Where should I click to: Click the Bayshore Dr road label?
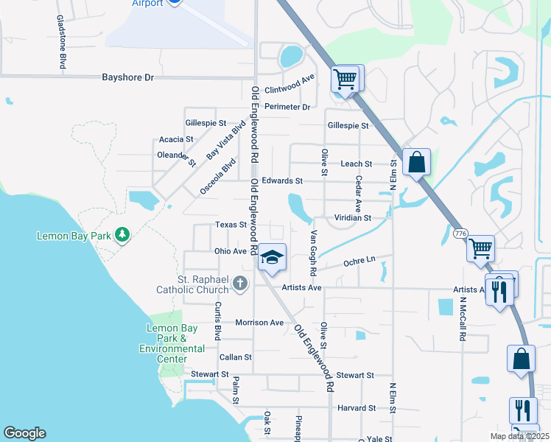coord(127,77)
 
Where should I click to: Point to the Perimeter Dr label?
coord(287,107)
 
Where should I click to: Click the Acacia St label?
coord(176,139)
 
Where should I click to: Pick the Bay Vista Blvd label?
coord(225,141)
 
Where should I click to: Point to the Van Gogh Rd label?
coord(313,251)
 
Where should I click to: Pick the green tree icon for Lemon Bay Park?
coord(122,236)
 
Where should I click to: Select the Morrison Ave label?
coord(259,323)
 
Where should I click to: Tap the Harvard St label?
coord(357,408)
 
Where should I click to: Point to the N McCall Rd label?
coord(463,319)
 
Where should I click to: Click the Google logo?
coord(24,433)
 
